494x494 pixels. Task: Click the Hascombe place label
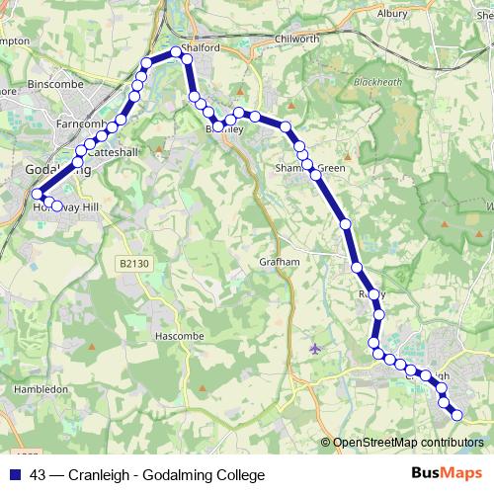(x=179, y=336)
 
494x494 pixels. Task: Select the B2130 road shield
(x=129, y=264)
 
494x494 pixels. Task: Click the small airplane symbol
(x=315, y=348)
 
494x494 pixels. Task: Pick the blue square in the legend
(x=16, y=474)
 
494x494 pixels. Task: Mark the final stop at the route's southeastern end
(x=455, y=416)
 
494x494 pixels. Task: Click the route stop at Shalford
(x=176, y=52)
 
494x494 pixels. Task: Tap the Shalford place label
(x=204, y=46)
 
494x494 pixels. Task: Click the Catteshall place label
(x=116, y=153)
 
